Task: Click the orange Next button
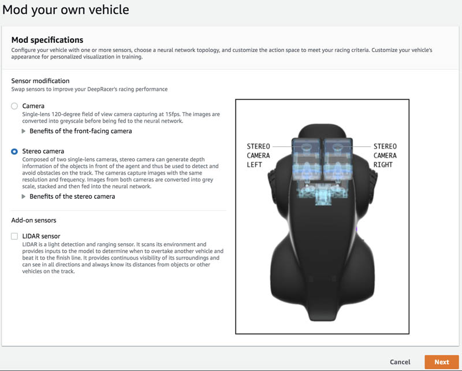[x=442, y=362]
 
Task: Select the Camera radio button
[x=14, y=106]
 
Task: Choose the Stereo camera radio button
[x=14, y=151]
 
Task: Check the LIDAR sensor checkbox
[x=14, y=236]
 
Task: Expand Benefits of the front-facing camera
[x=80, y=131]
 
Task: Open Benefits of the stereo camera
[x=72, y=196]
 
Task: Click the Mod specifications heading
[x=47, y=40]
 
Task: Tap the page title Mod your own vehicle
[x=65, y=10]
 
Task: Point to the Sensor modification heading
[x=40, y=81]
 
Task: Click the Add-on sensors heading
[x=33, y=220]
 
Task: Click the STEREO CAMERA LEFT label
[x=258, y=155]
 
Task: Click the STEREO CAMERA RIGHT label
[x=385, y=155]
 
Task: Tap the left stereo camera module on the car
[x=307, y=159]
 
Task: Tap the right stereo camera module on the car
[x=338, y=159]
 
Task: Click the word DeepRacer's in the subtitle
[x=101, y=89]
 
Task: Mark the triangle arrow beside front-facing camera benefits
[x=24, y=131]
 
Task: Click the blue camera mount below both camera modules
[x=322, y=193]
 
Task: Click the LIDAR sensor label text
[x=41, y=236]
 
